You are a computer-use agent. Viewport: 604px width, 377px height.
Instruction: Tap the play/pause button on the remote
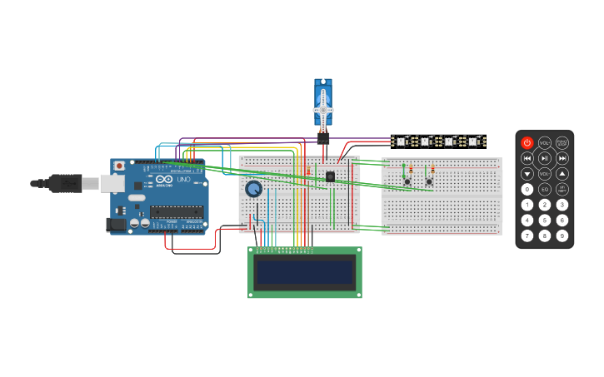[x=545, y=158]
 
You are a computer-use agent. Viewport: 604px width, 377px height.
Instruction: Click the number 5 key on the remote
[x=545, y=221]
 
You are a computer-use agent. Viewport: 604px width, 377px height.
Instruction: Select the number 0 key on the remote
[x=527, y=190]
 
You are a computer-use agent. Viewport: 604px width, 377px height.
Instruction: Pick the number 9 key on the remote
[x=562, y=236]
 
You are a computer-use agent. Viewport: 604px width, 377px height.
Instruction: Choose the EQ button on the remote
[x=545, y=190]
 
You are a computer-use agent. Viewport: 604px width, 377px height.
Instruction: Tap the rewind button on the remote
[x=527, y=158]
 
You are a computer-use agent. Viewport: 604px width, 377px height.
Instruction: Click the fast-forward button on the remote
[x=562, y=158]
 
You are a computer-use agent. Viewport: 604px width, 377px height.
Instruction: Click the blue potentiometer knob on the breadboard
[x=253, y=190]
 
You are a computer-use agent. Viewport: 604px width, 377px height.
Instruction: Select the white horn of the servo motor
[x=323, y=108]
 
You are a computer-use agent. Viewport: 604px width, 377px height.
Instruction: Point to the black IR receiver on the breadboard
[x=330, y=176]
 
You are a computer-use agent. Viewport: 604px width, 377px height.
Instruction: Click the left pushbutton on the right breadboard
[x=407, y=181]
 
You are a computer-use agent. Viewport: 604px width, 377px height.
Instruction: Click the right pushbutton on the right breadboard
[x=429, y=181]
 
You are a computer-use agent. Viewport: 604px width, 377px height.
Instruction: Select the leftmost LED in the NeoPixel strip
[x=400, y=141]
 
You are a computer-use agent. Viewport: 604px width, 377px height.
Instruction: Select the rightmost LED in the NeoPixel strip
[x=472, y=141]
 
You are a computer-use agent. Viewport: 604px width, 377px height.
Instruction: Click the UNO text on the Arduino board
[x=184, y=180]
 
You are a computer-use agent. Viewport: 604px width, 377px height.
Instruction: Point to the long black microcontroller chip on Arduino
[x=177, y=212]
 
